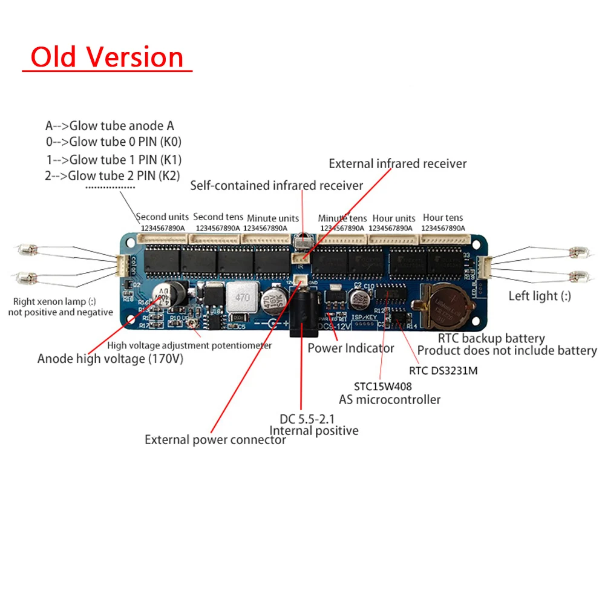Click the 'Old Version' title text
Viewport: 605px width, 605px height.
(107, 57)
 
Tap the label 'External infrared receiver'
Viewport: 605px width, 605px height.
(397, 163)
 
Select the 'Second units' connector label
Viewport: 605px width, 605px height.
(162, 217)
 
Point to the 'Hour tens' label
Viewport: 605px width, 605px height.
(442, 218)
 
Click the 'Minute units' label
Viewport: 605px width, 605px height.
(272, 218)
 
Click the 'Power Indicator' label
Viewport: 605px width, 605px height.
(351, 348)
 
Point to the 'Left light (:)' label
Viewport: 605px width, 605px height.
(540, 296)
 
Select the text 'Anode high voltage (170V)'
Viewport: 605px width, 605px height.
(110, 359)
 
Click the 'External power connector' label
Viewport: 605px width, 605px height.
(215, 440)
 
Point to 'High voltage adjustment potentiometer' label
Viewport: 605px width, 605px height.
(189, 345)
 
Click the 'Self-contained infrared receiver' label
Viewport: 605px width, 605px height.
(276, 185)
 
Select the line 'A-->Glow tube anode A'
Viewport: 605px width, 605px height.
(110, 126)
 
